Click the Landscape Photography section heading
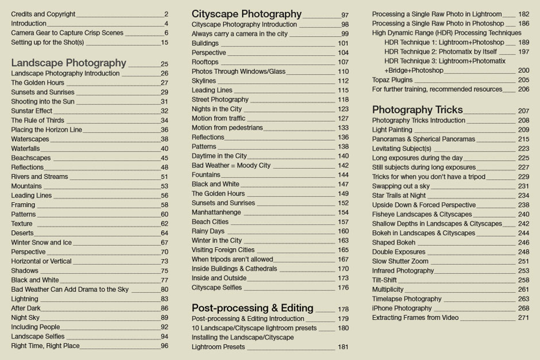[x=68, y=63]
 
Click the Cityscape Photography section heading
[x=246, y=14]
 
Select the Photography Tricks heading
[x=417, y=110]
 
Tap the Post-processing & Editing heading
[x=252, y=308]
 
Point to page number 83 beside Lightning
[x=164, y=299]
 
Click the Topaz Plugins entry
[x=392, y=80]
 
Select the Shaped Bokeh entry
[x=394, y=242]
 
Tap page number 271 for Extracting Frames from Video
[x=523, y=318]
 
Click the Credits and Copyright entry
[x=43, y=14]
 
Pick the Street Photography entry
[x=220, y=99]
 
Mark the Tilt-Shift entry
[x=384, y=280]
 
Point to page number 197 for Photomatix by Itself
[x=523, y=52]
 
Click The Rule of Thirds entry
[x=37, y=121]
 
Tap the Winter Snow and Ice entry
[x=41, y=242]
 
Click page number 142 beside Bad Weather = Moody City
[x=343, y=165]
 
